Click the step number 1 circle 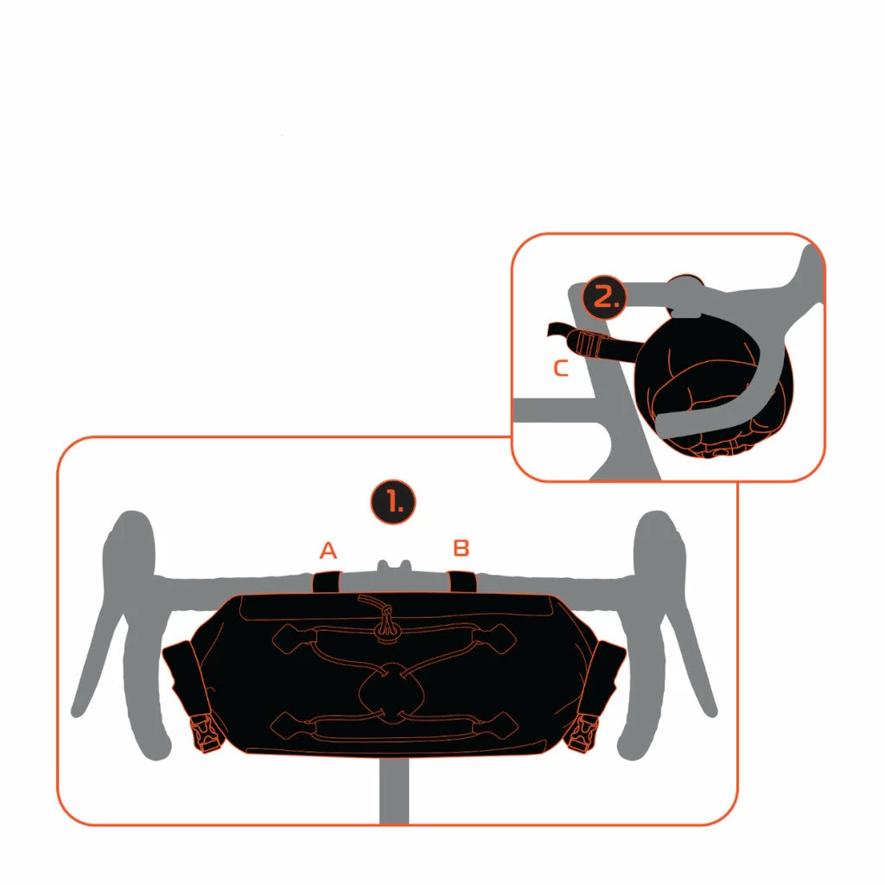(x=393, y=502)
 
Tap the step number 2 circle (x=604, y=297)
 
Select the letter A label (x=328, y=550)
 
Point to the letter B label (x=462, y=547)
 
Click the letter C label (x=560, y=368)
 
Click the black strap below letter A (x=326, y=582)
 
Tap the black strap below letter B (x=462, y=582)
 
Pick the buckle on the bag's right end (x=583, y=732)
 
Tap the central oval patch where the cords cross (x=392, y=691)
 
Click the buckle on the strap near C (x=589, y=343)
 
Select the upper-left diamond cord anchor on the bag (x=295, y=639)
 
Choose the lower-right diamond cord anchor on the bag (x=493, y=725)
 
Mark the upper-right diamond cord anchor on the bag (x=493, y=639)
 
